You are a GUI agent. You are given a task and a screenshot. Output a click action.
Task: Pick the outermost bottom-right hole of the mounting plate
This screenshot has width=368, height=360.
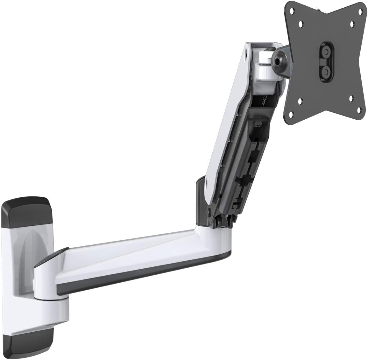pyautogui.click(x=359, y=110)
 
